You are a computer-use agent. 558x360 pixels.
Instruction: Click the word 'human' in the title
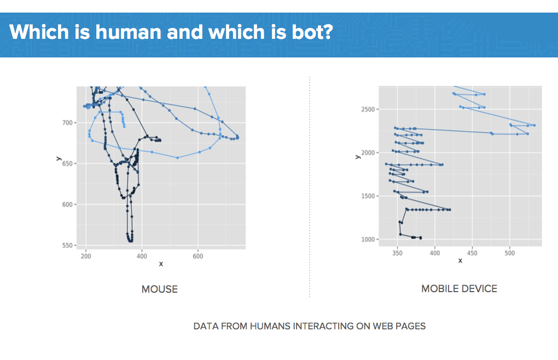click(129, 32)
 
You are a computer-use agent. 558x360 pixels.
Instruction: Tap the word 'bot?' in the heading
click(312, 32)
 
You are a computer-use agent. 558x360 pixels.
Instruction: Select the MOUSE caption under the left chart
click(159, 289)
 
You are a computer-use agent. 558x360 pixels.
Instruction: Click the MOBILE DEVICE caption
click(459, 288)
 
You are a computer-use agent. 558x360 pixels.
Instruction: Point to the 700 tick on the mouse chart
click(67, 123)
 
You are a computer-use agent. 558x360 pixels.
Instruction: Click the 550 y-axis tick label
click(67, 246)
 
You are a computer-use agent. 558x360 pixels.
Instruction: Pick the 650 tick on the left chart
click(67, 164)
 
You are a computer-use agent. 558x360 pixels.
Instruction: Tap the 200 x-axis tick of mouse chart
click(86, 256)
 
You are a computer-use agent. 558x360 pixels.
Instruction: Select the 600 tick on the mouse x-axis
click(198, 256)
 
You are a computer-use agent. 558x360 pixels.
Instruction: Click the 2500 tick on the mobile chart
click(368, 109)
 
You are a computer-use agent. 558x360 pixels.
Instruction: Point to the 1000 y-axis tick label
click(368, 240)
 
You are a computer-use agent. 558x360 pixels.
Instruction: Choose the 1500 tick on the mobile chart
click(368, 196)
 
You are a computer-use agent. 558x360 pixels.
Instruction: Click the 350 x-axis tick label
click(397, 253)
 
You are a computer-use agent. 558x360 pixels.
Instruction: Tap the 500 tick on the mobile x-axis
click(510, 253)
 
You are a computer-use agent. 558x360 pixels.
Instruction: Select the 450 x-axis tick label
click(472, 253)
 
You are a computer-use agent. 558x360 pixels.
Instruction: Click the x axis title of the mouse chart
click(161, 264)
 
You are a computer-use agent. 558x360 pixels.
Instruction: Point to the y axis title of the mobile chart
click(357, 157)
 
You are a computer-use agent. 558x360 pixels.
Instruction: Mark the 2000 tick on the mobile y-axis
click(368, 153)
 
